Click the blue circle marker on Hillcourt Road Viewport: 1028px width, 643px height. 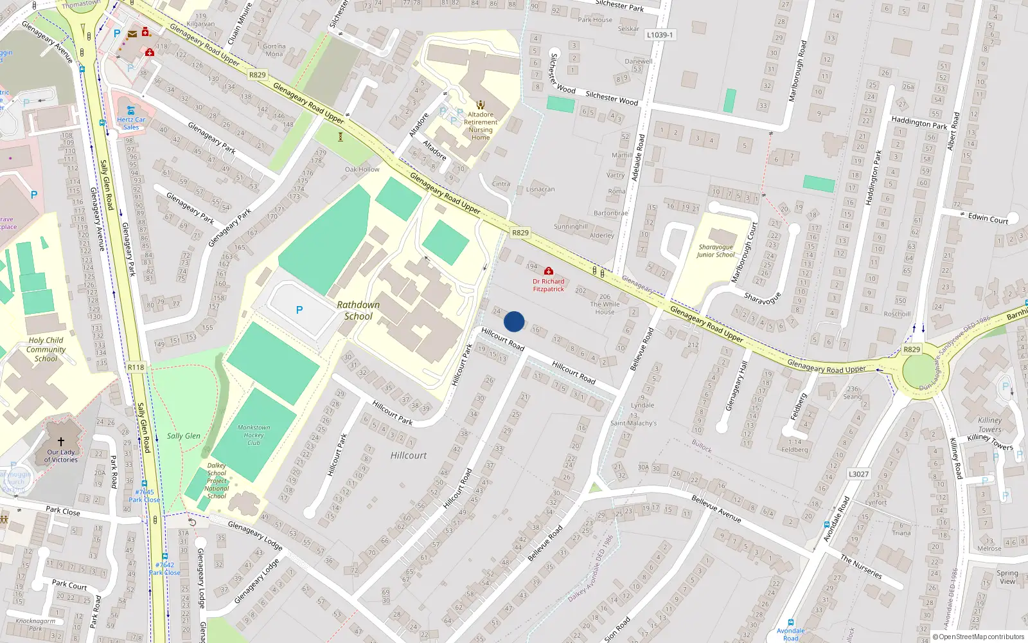(x=514, y=321)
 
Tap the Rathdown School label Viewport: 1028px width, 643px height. (x=358, y=311)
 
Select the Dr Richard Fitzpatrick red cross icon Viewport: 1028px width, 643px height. (x=549, y=271)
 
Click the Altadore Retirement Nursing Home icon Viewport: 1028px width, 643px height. (x=481, y=104)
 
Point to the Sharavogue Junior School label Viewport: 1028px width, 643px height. (x=716, y=251)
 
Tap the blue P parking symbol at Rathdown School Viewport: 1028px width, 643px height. (x=299, y=310)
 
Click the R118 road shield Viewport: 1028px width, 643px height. (x=136, y=367)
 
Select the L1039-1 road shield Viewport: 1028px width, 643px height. (x=659, y=35)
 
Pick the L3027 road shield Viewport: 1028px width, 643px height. (x=858, y=474)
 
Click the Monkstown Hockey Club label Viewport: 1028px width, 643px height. (x=254, y=435)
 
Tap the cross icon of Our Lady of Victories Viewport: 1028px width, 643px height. (x=61, y=442)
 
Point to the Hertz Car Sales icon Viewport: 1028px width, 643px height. (x=131, y=110)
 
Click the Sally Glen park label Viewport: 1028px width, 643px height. (x=184, y=436)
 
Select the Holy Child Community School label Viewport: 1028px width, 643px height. (x=46, y=349)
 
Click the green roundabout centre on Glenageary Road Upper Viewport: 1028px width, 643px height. (x=920, y=371)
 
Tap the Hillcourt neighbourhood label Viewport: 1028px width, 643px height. (x=409, y=455)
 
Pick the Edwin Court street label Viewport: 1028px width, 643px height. (x=988, y=218)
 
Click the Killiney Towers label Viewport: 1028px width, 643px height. (x=990, y=425)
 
